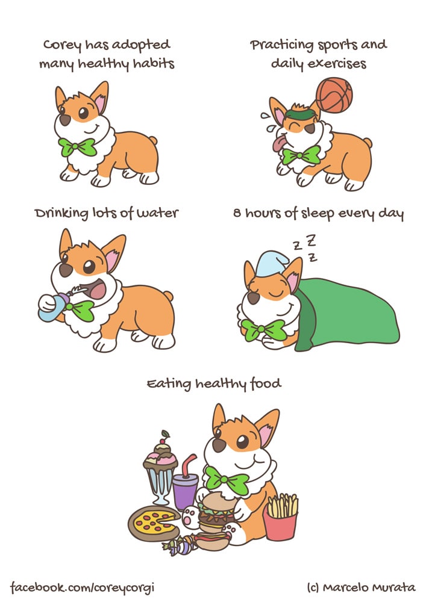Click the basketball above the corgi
(334, 95)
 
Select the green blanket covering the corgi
(346, 313)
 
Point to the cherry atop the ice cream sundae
(164, 436)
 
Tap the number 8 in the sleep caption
(237, 213)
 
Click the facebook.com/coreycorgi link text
(82, 588)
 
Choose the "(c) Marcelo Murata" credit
(362, 587)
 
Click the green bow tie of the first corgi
(78, 147)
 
